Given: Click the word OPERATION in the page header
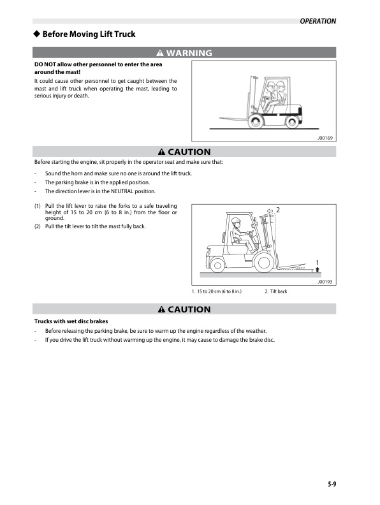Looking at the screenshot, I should click(318, 21).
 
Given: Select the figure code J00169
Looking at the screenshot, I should click(325, 138).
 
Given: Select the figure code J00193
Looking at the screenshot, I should click(325, 281).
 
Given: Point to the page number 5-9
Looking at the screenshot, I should click(328, 484).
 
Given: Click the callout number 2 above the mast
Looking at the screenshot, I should click(278, 210).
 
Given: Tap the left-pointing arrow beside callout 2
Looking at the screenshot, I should click(270, 210).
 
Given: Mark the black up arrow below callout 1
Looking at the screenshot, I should click(317, 270).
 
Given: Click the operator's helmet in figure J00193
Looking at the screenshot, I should click(236, 221).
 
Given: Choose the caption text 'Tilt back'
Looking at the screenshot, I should click(278, 291).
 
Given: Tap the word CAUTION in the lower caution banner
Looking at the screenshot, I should click(189, 309).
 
